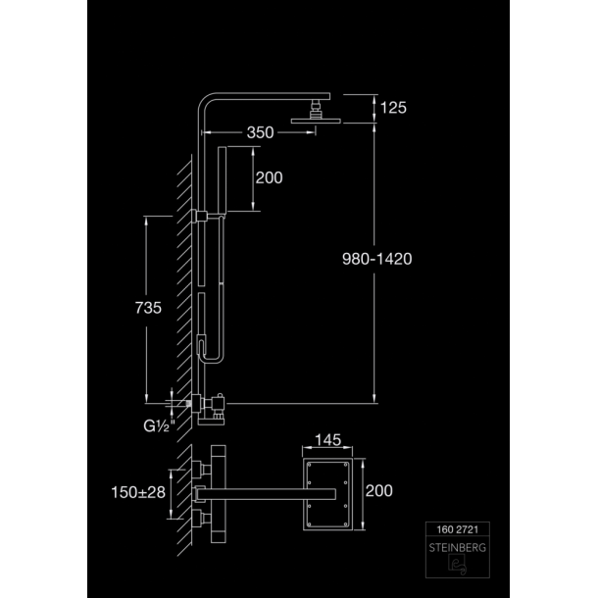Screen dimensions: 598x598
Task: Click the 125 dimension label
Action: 393,108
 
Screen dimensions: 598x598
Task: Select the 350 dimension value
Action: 260,132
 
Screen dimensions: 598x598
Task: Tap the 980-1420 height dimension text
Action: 376,259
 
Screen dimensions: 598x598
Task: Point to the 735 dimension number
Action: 148,308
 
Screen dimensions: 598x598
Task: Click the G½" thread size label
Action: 159,426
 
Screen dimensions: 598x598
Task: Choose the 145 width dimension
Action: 327,440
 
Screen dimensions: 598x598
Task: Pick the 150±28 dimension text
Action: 138,492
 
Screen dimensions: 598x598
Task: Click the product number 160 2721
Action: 457,529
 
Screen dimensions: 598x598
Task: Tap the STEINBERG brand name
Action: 457,548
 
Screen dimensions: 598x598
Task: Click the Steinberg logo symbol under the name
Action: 457,565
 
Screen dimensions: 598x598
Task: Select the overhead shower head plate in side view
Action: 316,121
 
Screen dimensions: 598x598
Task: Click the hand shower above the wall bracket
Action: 222,179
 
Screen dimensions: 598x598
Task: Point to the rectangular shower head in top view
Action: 328,494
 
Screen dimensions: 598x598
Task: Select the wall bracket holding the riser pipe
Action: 200,217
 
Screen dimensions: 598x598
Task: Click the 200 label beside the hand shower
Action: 269,177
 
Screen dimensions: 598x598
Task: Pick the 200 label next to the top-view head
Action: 378,491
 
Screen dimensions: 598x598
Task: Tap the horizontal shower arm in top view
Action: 266,494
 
